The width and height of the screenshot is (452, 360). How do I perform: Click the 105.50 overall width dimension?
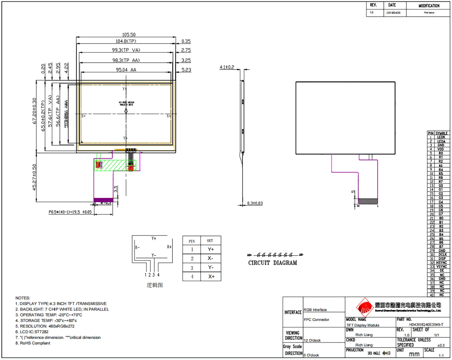[129, 34]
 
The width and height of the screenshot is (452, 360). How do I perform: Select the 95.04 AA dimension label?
[126, 70]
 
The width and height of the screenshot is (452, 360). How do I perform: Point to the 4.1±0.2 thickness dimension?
[227, 67]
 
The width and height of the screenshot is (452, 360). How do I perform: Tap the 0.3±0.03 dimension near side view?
[255, 203]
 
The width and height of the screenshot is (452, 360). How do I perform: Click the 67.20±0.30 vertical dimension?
[34, 111]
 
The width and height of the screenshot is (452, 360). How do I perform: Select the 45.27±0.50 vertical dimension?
[34, 177]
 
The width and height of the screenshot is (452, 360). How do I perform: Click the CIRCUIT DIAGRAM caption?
[272, 263]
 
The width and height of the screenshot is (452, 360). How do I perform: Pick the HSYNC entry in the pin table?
[441, 263]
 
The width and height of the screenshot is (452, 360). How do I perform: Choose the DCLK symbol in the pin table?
[442, 254]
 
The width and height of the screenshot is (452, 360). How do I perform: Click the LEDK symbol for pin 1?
[441, 137]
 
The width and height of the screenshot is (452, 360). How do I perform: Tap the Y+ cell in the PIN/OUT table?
[211, 249]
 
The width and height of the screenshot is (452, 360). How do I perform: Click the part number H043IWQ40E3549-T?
[426, 325]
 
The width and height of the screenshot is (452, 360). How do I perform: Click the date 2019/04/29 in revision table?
[393, 13]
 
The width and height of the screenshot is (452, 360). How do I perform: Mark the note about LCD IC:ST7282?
[32, 332]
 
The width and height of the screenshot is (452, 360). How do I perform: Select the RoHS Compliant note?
[33, 343]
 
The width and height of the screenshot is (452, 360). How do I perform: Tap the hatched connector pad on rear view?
[368, 201]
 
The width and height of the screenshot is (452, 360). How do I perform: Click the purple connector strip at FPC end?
[103, 200]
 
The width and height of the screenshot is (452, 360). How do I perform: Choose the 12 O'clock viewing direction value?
[312, 340]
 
